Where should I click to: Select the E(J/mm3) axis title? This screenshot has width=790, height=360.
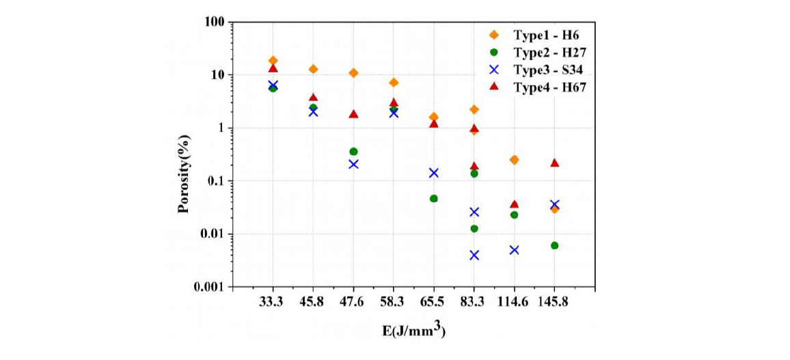pos(414,331)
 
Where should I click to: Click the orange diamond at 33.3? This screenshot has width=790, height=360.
pos(273,61)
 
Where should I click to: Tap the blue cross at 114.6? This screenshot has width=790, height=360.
pos(514,250)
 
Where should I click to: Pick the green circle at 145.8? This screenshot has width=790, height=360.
pos(554,245)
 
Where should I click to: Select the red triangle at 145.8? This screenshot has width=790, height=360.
pos(554,163)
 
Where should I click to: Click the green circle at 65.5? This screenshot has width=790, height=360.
pos(434,199)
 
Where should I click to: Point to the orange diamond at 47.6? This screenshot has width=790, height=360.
pos(353,73)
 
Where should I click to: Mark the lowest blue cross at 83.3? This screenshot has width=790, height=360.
pos(474,255)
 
